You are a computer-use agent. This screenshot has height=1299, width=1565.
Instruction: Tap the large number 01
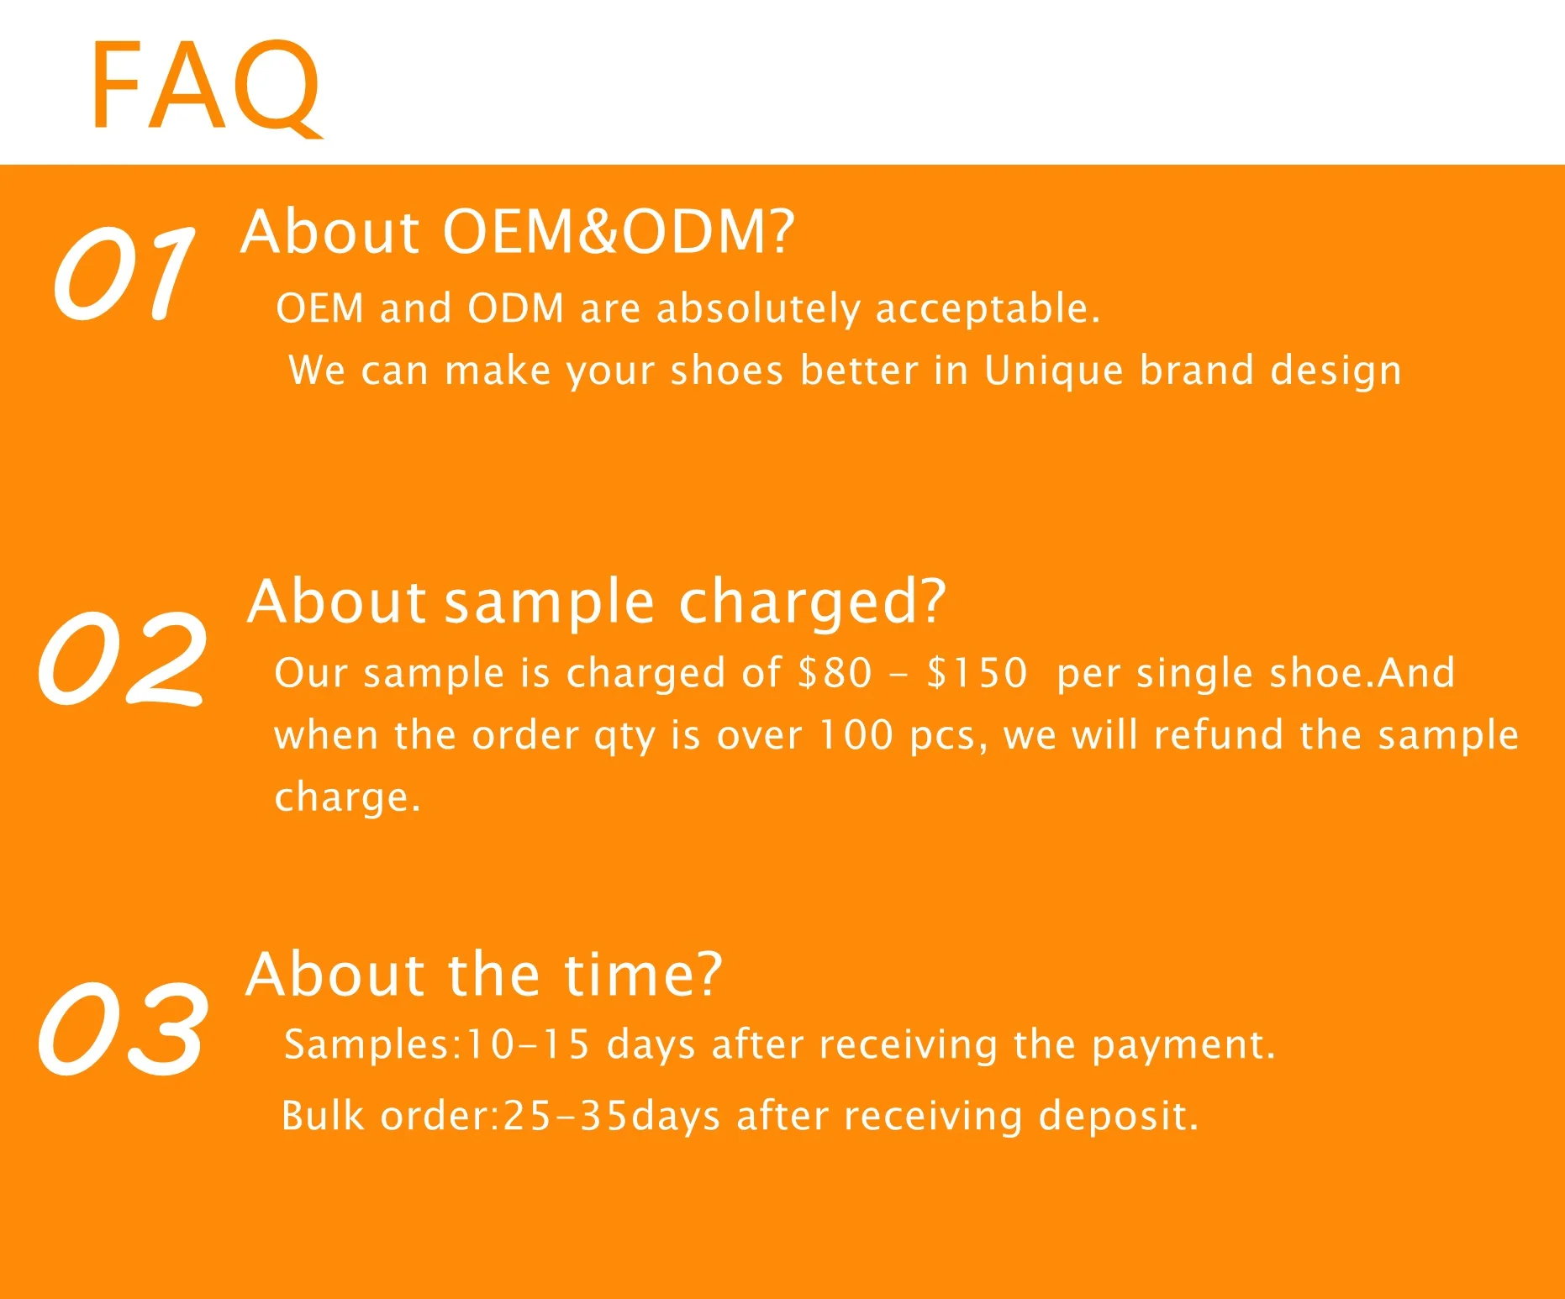(x=124, y=273)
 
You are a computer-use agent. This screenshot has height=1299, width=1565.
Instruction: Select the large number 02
(x=123, y=657)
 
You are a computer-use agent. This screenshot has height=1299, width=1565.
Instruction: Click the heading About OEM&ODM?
(x=518, y=231)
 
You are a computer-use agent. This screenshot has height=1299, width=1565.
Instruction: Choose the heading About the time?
(x=484, y=975)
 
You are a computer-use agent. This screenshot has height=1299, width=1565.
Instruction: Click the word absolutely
(x=759, y=308)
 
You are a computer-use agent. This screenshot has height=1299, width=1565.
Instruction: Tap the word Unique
(x=1054, y=371)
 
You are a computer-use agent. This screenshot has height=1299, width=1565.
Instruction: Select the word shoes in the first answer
(x=727, y=371)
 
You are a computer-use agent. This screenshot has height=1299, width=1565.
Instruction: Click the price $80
(x=835, y=672)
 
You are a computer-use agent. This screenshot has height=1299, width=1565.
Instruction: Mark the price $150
(x=977, y=672)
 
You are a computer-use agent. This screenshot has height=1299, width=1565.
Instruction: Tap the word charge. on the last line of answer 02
(x=347, y=797)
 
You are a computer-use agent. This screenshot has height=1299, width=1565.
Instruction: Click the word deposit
(x=1119, y=1117)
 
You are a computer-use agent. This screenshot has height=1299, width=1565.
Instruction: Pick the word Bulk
(x=323, y=1116)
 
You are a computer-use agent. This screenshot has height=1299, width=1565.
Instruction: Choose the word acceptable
(x=988, y=308)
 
